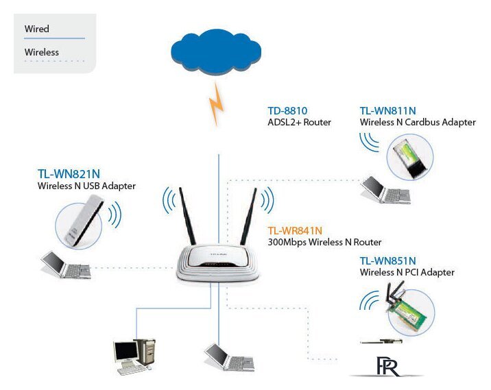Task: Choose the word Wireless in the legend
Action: click(x=41, y=52)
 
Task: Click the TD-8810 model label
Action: click(x=287, y=110)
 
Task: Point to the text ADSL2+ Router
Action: click(x=299, y=123)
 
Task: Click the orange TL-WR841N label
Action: click(x=294, y=230)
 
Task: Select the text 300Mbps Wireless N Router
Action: click(x=324, y=243)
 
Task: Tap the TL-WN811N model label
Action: click(x=388, y=110)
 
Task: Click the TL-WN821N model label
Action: click(x=64, y=173)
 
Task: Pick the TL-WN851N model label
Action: click(x=388, y=260)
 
